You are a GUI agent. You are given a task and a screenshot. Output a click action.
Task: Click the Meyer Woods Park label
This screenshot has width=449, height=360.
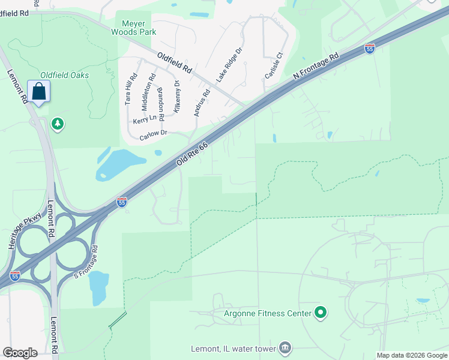point(135,28)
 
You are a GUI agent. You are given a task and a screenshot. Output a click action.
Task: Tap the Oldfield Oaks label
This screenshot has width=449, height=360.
point(65,75)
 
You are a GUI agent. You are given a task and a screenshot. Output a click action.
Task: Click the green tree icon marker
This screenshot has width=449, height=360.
point(58,124)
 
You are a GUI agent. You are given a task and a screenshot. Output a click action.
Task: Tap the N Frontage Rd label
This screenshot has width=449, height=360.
point(316,67)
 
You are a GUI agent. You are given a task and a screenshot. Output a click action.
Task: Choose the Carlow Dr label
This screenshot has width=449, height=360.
point(152,136)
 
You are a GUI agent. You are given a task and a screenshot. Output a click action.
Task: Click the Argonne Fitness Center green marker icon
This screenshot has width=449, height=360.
point(321,313)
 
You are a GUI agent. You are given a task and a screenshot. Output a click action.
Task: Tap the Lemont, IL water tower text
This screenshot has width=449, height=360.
point(232,349)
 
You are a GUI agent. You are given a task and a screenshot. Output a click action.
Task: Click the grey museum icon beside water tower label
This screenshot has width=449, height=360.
point(285,348)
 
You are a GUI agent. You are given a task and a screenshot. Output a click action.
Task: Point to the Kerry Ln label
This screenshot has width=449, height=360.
point(143,120)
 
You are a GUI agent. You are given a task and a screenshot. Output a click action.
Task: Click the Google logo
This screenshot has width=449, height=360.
point(20,353)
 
